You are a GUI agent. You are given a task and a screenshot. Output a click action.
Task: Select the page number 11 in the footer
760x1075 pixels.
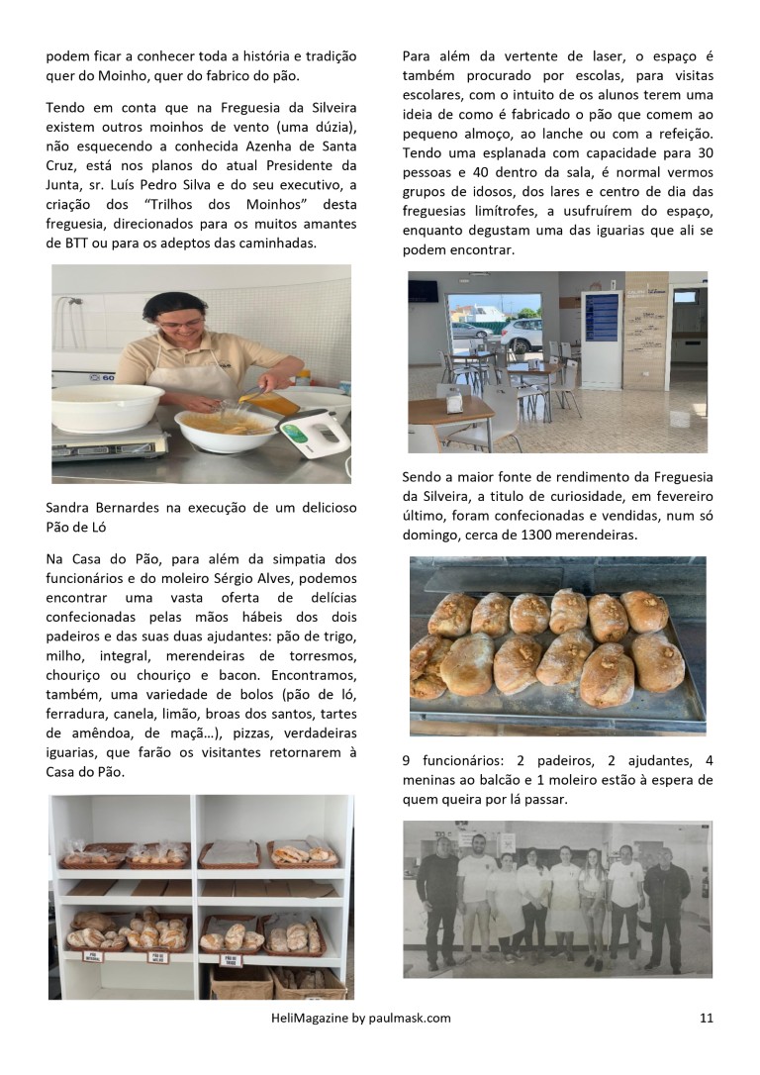click(706, 1017)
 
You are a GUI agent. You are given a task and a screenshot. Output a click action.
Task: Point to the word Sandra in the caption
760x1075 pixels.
click(69, 508)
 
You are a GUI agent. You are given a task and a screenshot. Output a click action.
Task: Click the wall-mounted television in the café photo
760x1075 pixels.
click(424, 291)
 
